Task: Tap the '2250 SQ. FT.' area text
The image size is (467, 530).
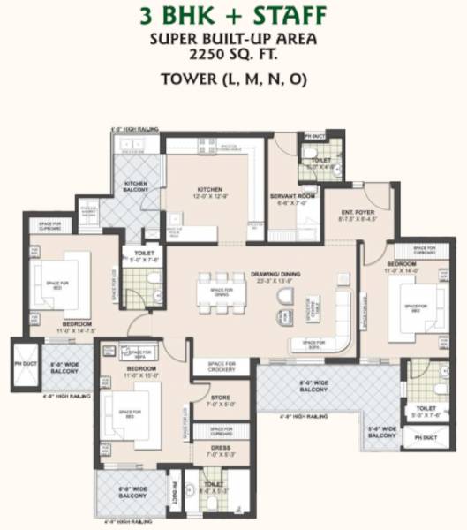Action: [x=233, y=54]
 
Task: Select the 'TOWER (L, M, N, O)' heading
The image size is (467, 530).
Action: [x=233, y=79]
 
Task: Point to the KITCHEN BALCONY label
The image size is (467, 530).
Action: [x=135, y=187]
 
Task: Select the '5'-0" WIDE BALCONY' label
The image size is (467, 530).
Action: [x=381, y=433]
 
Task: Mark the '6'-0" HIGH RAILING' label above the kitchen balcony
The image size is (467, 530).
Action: [x=134, y=130]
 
